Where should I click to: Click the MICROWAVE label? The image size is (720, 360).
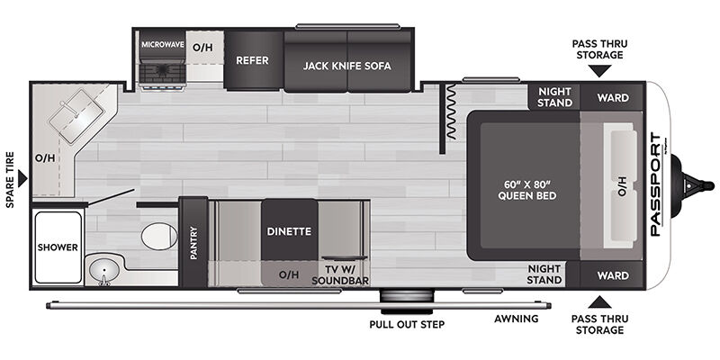[163, 44]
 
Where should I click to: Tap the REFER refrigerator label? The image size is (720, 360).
[252, 60]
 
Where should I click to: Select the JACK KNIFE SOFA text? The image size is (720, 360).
[346, 66]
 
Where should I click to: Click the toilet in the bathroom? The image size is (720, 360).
[159, 237]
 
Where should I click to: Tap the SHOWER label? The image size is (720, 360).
[58, 247]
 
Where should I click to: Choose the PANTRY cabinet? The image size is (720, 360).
[193, 242]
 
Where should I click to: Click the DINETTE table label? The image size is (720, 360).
[289, 231]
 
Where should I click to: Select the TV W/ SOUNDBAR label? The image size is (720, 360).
[340, 275]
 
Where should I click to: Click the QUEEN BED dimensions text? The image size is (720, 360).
[527, 190]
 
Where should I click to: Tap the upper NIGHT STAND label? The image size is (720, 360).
[554, 97]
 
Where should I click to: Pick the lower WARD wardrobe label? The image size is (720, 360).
[613, 275]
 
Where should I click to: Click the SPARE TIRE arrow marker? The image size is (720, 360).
[22, 178]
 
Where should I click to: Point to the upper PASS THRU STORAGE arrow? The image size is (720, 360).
[599, 71]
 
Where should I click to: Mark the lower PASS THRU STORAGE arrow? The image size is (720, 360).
[599, 301]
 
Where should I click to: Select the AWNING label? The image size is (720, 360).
[517, 319]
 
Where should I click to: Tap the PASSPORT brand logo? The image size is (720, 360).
[655, 184]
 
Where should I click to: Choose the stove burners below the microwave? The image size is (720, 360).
[163, 73]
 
